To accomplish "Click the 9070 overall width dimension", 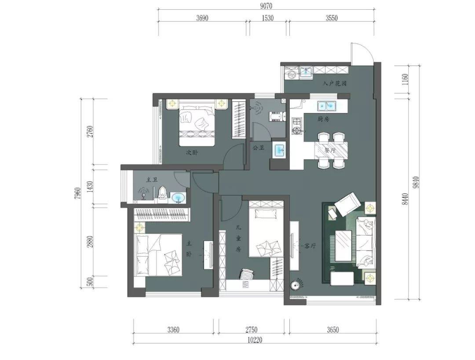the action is pos(266,6).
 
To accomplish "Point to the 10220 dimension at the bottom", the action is pos(255,340).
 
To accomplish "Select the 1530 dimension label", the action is pos(267,18).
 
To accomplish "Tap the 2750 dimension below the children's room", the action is pos(251,329).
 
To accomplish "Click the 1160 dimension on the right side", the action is pos(405,79).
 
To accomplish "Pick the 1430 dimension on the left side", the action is pos(90,187).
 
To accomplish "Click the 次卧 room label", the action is pos(192,153).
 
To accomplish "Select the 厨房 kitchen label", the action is pos(324,119).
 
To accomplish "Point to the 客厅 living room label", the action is pos(310,246).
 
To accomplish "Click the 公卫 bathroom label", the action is pos(259,148).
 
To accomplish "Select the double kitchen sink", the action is pos(327,105).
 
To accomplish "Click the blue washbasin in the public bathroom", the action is pos(279,150).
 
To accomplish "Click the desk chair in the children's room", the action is pos(247,275).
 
